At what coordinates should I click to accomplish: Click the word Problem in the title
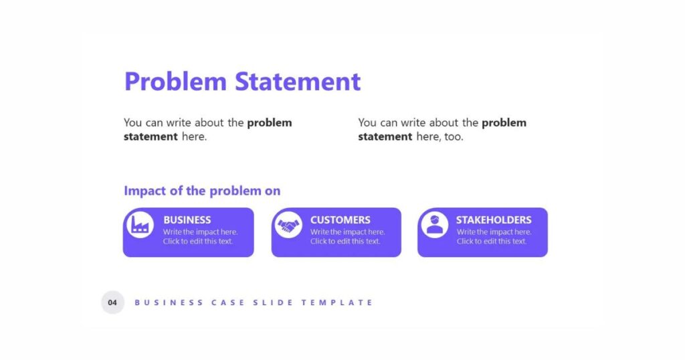click(176, 81)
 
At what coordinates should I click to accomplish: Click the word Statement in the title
click(298, 81)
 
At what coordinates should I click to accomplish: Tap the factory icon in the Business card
click(140, 225)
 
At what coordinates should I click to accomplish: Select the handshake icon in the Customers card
click(288, 225)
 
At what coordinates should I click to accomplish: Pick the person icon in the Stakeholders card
click(435, 225)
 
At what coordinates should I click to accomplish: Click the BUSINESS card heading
click(187, 219)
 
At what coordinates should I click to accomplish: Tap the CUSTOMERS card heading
click(340, 219)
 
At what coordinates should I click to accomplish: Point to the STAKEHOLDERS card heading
click(494, 219)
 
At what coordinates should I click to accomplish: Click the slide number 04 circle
click(112, 302)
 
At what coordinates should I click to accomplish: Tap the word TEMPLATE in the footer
click(337, 302)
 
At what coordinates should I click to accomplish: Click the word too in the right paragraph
click(454, 137)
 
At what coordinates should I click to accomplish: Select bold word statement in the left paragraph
click(151, 137)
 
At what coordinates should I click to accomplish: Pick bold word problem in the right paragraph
click(504, 123)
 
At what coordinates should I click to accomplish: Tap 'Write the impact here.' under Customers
click(348, 232)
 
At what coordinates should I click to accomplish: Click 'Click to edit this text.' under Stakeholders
click(492, 241)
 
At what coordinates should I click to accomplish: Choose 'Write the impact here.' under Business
click(201, 232)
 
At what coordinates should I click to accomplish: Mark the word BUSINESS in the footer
click(169, 302)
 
